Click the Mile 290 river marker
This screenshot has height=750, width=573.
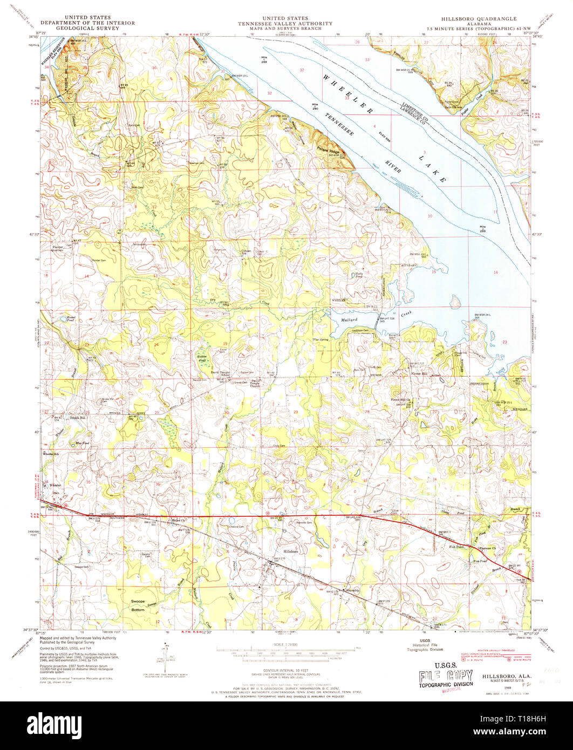[314, 106]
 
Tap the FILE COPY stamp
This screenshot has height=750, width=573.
[446, 677]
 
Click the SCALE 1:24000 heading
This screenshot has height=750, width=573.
[286, 645]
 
